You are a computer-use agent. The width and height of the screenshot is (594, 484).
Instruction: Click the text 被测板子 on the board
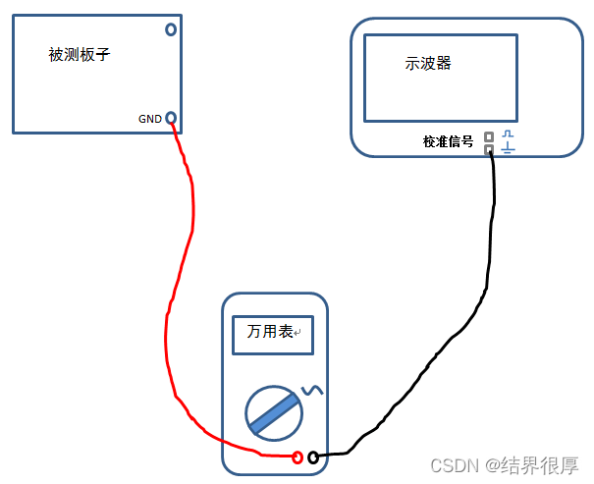[79, 55]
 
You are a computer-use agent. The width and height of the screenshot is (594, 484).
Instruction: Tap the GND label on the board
[150, 119]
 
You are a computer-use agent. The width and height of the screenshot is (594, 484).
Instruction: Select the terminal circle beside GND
[171, 118]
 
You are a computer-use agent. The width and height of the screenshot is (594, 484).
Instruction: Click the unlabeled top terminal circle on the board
[171, 29]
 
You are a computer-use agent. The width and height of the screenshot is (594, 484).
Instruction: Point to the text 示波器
[428, 64]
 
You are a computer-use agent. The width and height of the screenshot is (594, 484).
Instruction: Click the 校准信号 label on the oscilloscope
[448, 141]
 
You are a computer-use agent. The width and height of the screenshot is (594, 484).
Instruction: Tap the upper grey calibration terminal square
[489, 137]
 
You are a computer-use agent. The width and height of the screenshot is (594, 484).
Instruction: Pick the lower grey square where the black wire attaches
[489, 150]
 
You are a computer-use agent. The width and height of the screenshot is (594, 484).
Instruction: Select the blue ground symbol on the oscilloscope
[508, 148]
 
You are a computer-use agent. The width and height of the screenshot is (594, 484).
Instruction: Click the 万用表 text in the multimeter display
[270, 334]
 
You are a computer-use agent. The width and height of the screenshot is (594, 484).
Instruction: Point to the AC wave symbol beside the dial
[312, 391]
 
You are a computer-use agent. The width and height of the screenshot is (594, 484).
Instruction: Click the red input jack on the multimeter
[297, 457]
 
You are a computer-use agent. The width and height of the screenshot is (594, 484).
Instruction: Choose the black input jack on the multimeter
[313, 457]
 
